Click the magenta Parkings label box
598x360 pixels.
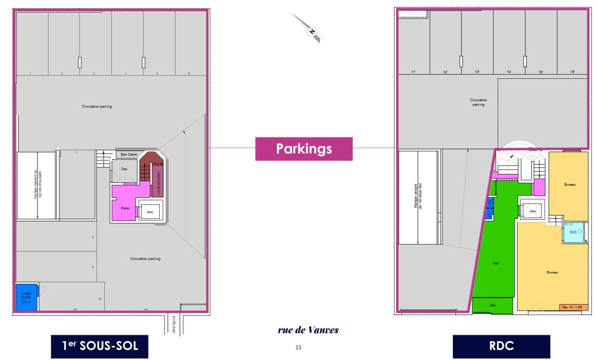tap(304, 149)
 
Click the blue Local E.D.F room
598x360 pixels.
tap(27, 297)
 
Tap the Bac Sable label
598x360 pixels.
tap(128, 154)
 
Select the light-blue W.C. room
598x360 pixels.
tap(573, 232)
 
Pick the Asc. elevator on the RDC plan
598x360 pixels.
tap(533, 211)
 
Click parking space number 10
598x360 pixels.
tap(99, 298)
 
